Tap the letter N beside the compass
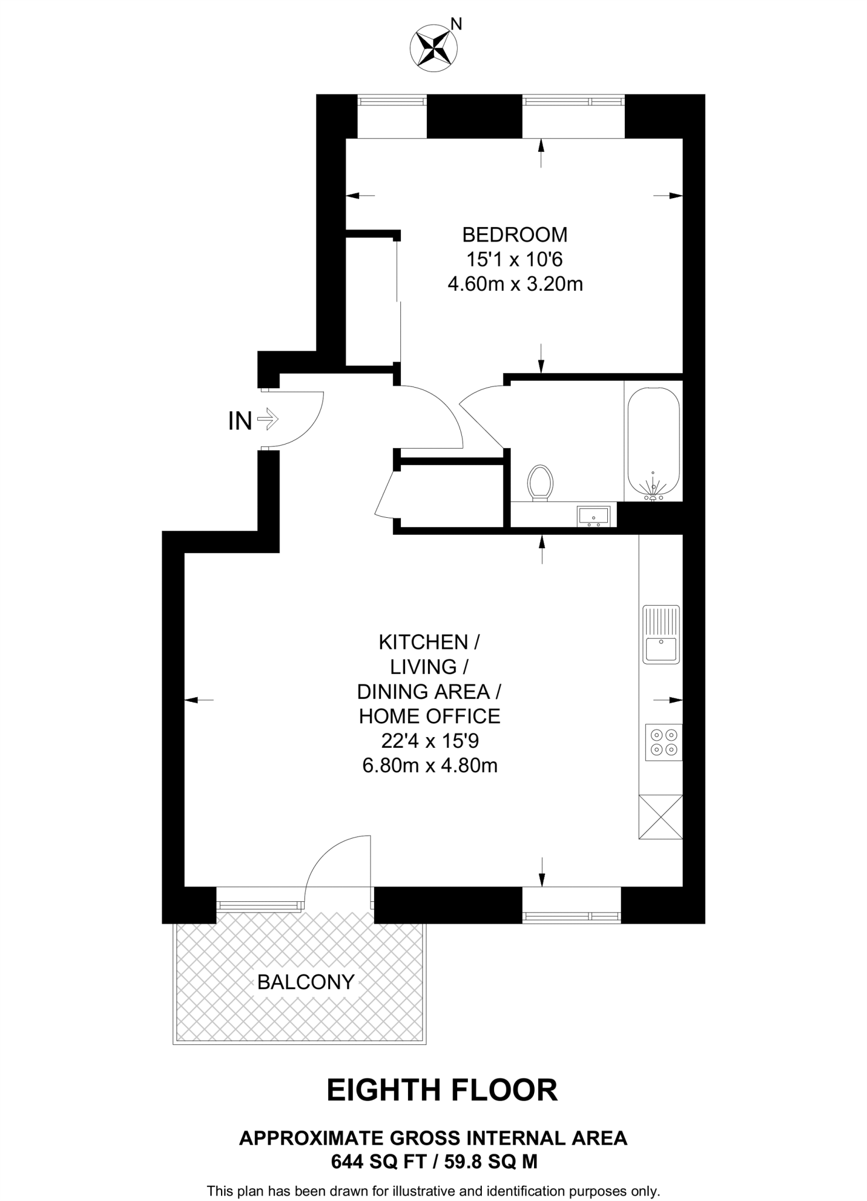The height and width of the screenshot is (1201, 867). [457, 24]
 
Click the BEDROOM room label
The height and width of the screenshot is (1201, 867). [515, 235]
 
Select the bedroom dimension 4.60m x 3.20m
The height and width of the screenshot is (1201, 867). [515, 284]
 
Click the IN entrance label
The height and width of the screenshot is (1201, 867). [240, 421]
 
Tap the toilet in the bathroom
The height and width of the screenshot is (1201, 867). [540, 483]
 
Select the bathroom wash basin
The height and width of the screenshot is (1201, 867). [593, 516]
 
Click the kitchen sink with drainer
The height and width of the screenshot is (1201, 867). [661, 634]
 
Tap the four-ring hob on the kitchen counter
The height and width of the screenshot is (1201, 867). [664, 742]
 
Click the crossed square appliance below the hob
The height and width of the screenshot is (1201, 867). [660, 816]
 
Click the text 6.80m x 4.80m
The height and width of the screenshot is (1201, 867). [430, 766]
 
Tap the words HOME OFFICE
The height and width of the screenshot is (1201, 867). [430, 716]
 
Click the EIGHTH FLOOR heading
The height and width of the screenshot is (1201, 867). [441, 1090]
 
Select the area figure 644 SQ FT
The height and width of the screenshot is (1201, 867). [377, 1161]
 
